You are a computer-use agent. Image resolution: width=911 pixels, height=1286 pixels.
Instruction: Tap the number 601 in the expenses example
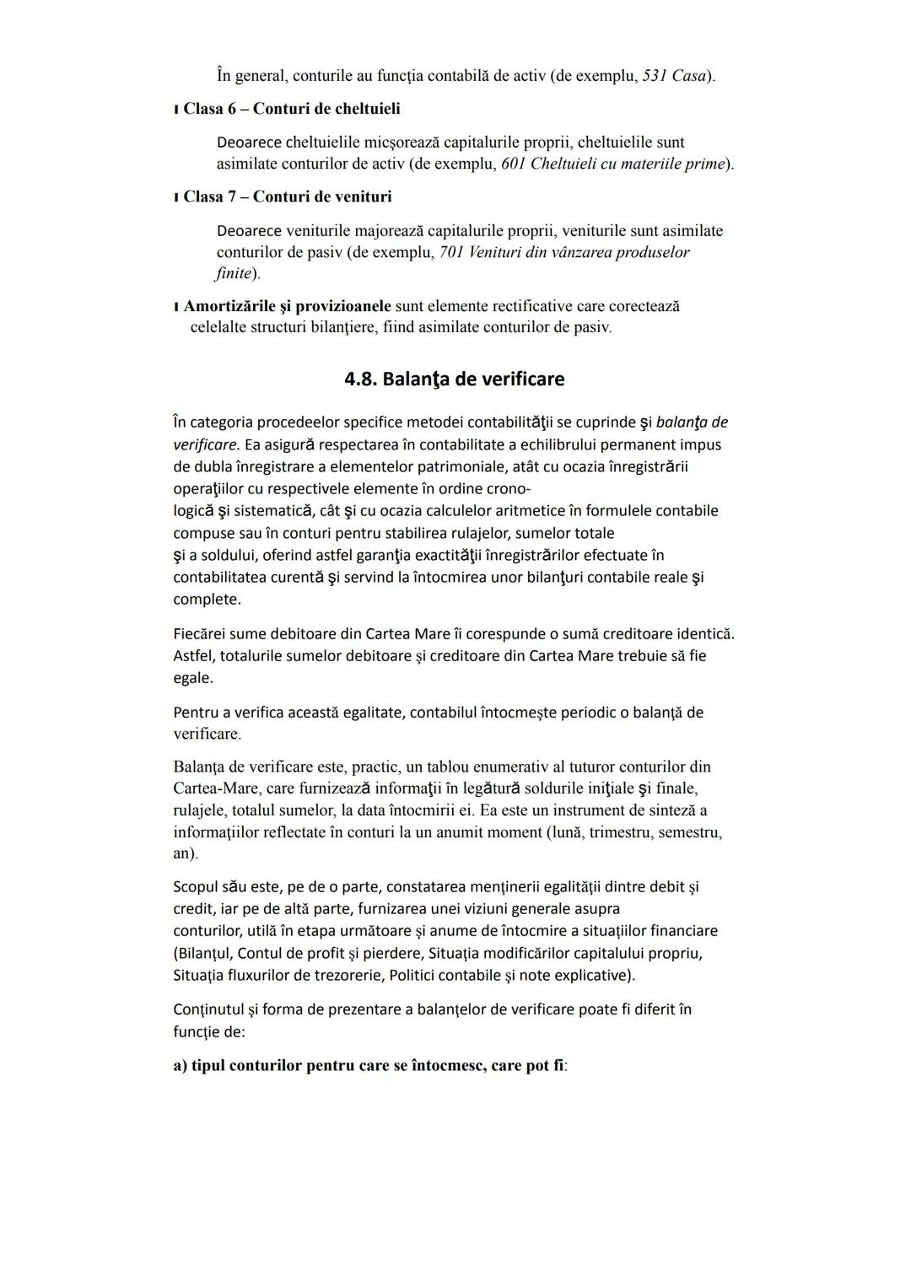[x=513, y=164]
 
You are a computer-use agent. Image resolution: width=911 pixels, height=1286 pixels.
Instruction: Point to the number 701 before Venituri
[x=451, y=252]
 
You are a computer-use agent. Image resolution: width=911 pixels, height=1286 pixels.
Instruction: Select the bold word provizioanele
[x=342, y=305]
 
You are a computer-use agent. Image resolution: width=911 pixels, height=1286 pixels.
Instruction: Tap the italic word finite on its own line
[x=234, y=273]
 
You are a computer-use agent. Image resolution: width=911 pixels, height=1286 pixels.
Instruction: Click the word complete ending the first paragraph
[x=206, y=600]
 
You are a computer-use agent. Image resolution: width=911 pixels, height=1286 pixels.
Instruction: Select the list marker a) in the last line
[x=180, y=1066]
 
